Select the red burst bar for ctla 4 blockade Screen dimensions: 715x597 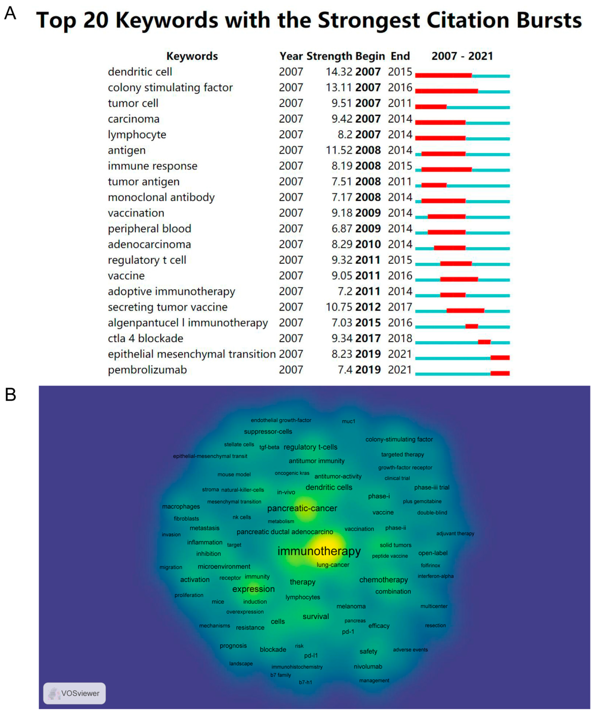(484, 342)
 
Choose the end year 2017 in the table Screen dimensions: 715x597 (400, 307)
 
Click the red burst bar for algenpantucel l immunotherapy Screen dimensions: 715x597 (471, 326)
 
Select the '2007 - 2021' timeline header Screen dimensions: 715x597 (462, 56)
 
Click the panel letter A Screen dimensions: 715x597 (10, 14)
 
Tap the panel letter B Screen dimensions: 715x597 (10, 395)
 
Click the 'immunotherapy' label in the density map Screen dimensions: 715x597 (319, 551)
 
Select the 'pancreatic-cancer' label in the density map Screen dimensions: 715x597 (302, 508)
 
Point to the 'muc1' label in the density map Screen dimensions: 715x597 (348, 421)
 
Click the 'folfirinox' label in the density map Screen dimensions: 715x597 (430, 565)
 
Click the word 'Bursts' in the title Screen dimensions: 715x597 (549, 20)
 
